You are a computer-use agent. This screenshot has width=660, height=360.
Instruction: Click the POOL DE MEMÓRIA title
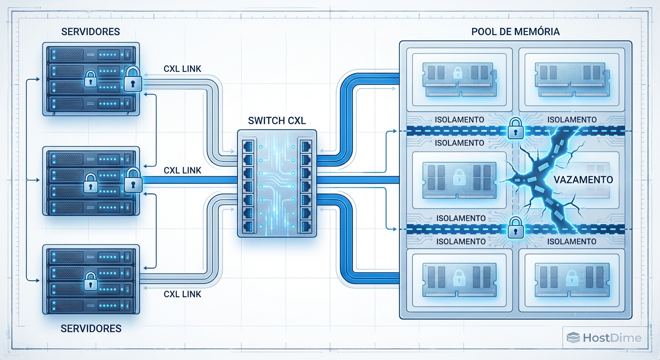pos(515,32)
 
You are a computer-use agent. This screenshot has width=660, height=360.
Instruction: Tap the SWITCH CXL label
pos(277,120)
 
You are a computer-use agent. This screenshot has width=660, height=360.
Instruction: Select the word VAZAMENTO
pos(583,180)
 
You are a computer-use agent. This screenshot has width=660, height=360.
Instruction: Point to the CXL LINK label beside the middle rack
pos(182,170)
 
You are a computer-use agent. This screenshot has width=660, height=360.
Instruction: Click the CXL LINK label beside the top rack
pos(182,69)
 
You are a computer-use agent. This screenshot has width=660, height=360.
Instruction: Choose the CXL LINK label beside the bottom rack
pos(182,294)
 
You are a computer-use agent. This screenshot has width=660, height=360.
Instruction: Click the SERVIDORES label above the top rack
pos(90,32)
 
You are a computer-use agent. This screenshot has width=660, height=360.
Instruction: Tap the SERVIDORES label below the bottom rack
pos(91,328)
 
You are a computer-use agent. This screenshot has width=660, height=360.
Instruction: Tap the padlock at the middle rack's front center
pos(90,184)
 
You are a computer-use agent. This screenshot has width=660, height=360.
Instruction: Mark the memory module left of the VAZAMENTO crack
pos(459,180)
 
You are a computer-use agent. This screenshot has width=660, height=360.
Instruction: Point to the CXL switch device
pos(277,183)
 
